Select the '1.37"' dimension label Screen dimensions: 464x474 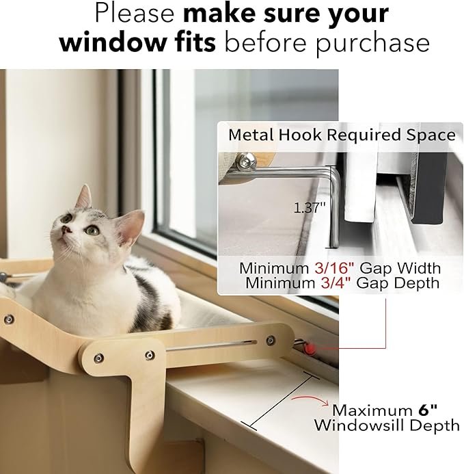pyautogui.click(x=310, y=208)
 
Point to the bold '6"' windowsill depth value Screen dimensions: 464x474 pyautogui.click(x=428, y=410)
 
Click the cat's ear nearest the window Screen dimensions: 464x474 pyautogui.click(x=131, y=226)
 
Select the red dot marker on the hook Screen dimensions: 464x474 pyautogui.click(x=310, y=349)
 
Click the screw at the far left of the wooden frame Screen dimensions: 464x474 pyautogui.click(x=8, y=319)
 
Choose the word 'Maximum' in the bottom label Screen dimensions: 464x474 pyautogui.click(x=372, y=410)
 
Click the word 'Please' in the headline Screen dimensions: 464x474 pyautogui.click(x=135, y=14)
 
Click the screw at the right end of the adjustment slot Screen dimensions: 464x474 pyautogui.click(x=271, y=341)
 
